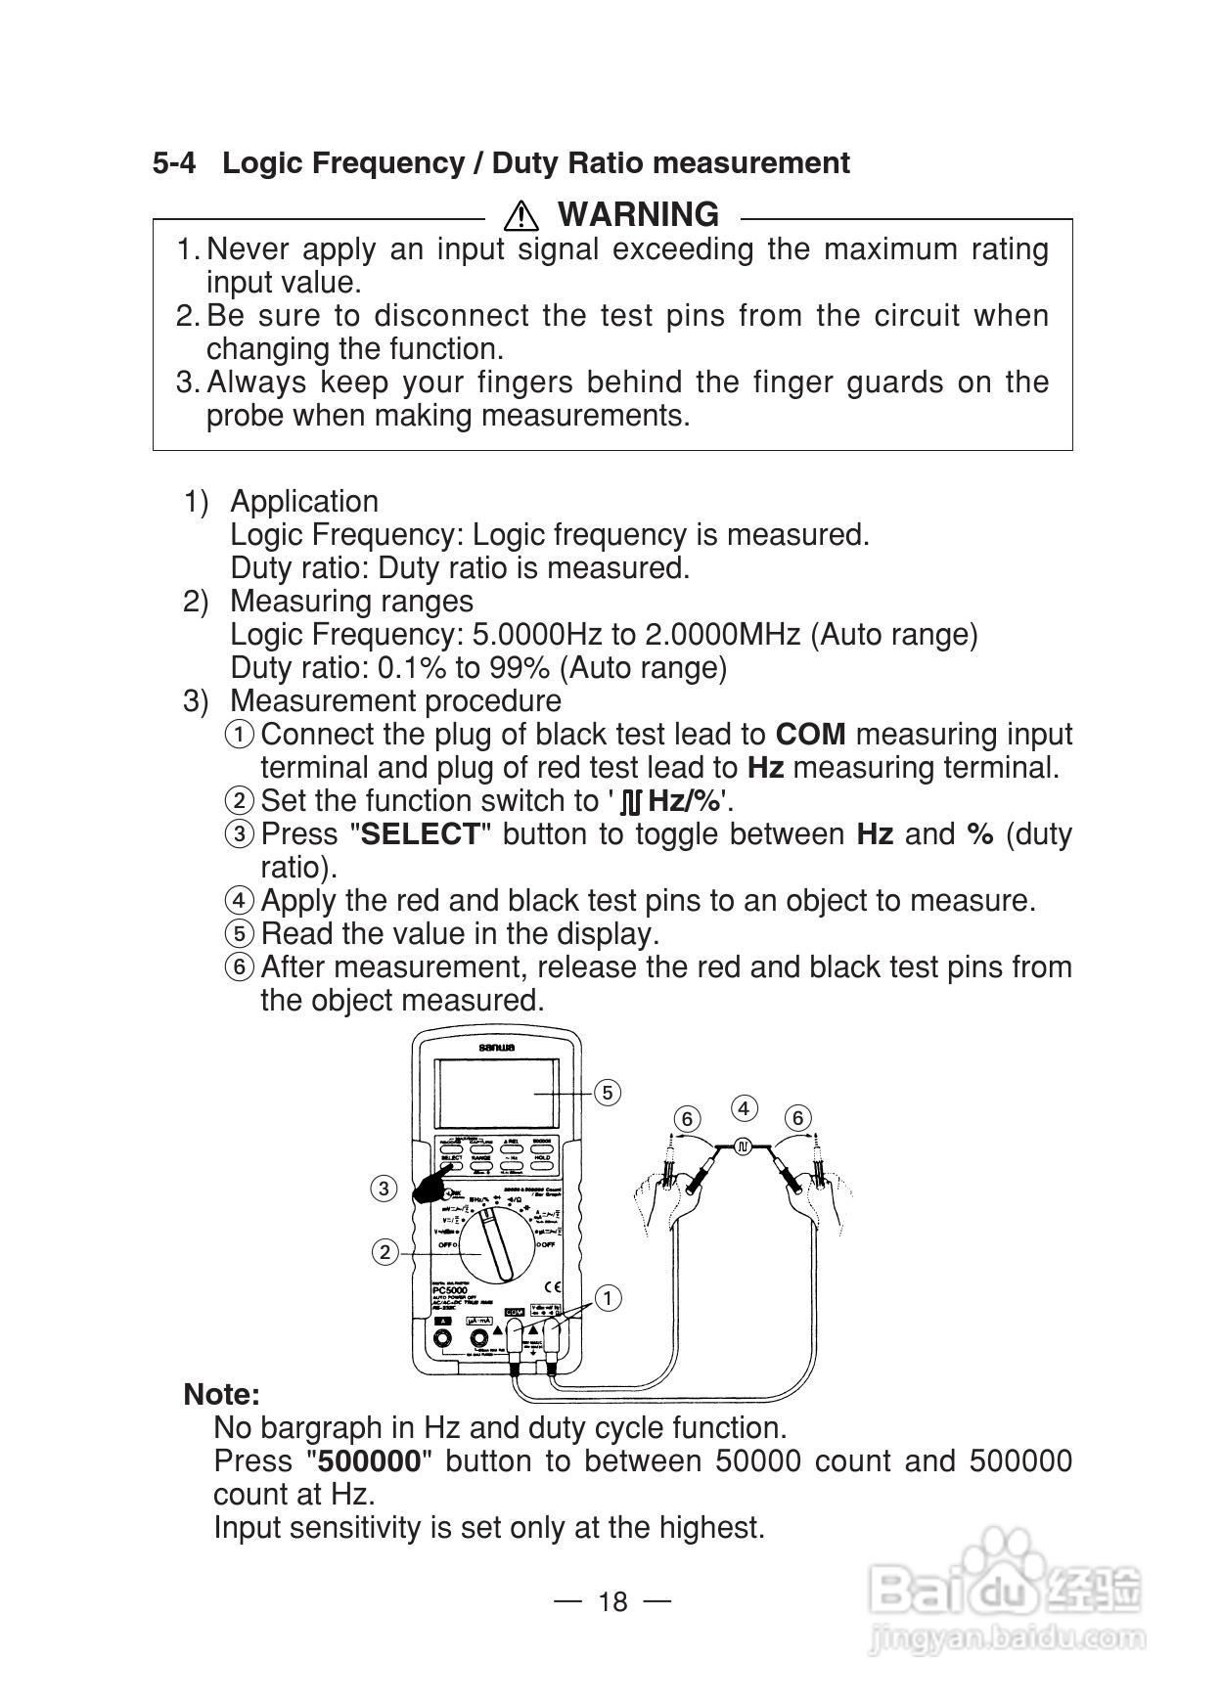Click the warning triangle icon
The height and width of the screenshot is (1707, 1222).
coord(522,214)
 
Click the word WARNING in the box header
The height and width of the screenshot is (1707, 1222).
coord(638,214)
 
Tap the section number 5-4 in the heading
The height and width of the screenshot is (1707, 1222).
coord(173,163)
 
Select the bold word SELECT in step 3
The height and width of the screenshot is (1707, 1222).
coord(421,834)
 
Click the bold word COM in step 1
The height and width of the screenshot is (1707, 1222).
coord(810,735)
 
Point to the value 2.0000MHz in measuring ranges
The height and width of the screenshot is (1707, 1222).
coord(723,635)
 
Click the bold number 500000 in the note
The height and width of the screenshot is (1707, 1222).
coord(370,1461)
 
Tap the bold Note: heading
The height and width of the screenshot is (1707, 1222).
coord(222,1394)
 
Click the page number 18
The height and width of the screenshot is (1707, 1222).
coord(612,1601)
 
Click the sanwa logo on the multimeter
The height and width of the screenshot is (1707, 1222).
coord(498,1048)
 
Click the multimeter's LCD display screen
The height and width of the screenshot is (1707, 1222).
coord(498,1093)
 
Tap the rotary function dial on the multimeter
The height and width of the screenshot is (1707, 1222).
coord(498,1243)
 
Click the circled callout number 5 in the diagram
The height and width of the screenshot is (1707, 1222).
coord(608,1093)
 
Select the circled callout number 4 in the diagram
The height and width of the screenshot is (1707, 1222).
coord(745,1108)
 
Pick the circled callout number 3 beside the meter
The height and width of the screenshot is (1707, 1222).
coord(384,1189)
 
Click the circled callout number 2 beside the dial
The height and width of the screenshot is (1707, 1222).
coord(385,1252)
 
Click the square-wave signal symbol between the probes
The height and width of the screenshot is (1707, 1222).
coord(743,1145)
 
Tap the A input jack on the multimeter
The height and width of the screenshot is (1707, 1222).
coord(443,1339)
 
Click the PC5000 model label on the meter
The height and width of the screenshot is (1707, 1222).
coord(450,1291)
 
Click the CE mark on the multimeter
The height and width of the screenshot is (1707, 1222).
coord(552,1288)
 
